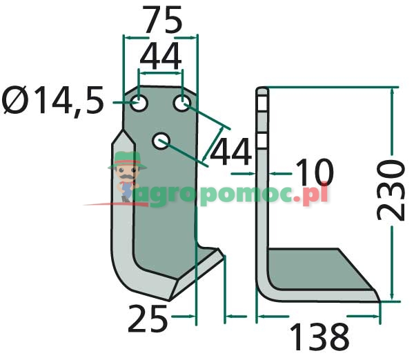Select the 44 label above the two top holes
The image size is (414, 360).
tap(160, 55)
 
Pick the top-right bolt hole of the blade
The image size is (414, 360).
tap(182, 105)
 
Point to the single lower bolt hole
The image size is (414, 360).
tap(161, 141)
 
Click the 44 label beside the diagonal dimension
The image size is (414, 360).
tap(230, 151)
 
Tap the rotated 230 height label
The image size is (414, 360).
tap(390, 190)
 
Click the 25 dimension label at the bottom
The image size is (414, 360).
tap(148, 319)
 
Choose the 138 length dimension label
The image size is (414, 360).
tap(318, 337)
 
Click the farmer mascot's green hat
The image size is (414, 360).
tap(126, 161)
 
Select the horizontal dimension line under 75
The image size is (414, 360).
tap(160, 37)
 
